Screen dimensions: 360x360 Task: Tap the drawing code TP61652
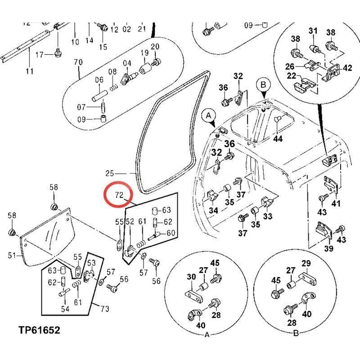tap(39, 330)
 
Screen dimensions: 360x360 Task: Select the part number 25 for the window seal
tap(110, 173)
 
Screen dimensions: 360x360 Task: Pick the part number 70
tap(78, 62)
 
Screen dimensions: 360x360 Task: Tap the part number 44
tap(278, 139)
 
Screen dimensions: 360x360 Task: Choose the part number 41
tap(336, 204)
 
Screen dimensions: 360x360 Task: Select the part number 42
tap(347, 68)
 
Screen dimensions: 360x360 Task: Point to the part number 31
tap(313, 31)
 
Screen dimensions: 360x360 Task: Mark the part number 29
tap(306, 263)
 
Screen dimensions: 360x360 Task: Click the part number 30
tap(191, 277)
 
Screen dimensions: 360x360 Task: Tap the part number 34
tap(214, 211)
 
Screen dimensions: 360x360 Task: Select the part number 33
tap(268, 216)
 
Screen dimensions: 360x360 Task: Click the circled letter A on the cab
tap(209, 116)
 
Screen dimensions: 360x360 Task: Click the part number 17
tap(39, 55)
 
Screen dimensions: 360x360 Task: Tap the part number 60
tap(171, 233)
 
